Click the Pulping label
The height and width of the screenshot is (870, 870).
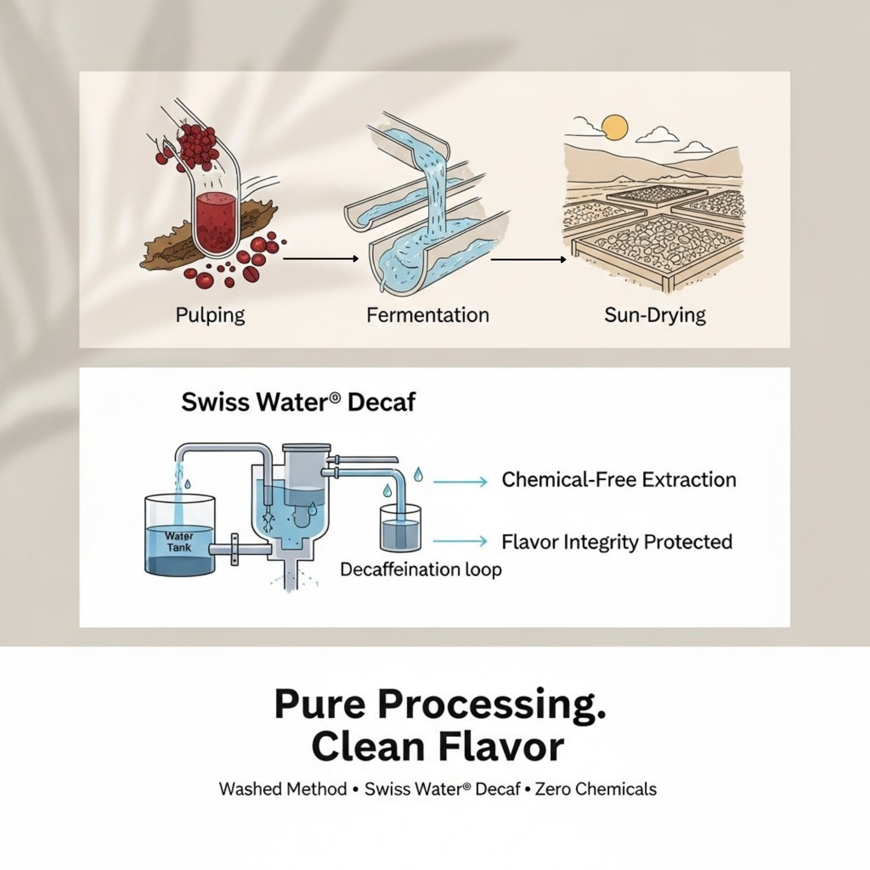210,315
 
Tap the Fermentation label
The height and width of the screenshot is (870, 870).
427,315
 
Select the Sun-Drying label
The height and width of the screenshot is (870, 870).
654,315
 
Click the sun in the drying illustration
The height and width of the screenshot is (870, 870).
615,127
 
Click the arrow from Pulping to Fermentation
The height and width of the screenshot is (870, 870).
320,259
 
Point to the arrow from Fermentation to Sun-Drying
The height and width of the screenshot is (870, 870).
528,259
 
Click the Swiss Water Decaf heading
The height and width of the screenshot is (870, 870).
298,402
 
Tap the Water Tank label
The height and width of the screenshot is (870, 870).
179,542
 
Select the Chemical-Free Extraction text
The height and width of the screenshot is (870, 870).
618,479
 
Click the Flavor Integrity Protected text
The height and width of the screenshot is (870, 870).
617,542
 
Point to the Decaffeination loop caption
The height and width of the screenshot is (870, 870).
421,570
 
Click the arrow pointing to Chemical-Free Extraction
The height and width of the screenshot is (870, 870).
460,482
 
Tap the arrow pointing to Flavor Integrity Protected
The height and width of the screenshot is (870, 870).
460,541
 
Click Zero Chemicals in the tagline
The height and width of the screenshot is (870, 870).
595,801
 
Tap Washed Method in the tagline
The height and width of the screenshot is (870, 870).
283,801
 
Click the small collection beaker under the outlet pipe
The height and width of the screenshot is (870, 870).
400,528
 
